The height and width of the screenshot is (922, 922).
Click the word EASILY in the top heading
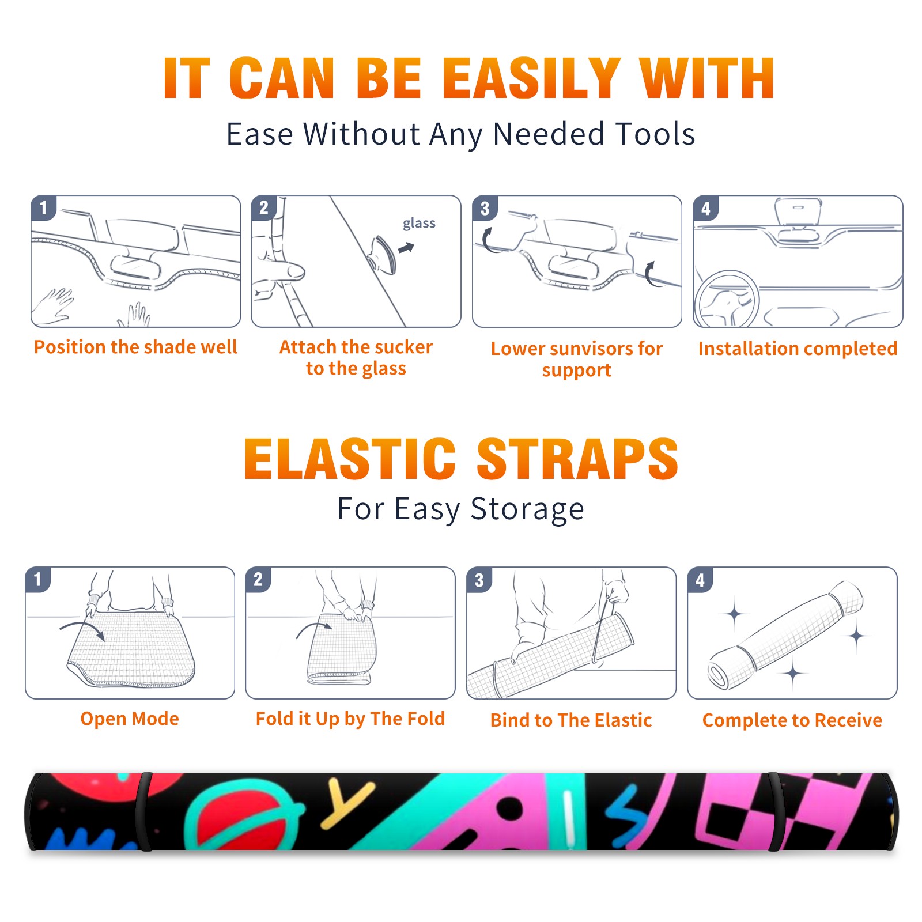[531, 78]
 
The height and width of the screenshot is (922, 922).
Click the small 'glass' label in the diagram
[419, 224]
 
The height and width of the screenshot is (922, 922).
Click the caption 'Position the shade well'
[135, 347]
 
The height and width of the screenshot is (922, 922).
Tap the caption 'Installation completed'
[798, 349]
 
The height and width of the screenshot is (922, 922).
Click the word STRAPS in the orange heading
[577, 459]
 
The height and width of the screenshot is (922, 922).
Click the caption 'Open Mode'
[130, 719]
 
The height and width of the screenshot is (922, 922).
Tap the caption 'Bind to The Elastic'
[571, 720]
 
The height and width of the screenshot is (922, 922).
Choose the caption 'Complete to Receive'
[792, 720]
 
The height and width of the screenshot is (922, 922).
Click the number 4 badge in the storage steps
[700, 580]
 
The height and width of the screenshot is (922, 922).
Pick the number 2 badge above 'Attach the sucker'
[264, 207]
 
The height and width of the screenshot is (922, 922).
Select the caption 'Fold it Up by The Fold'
[350, 719]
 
